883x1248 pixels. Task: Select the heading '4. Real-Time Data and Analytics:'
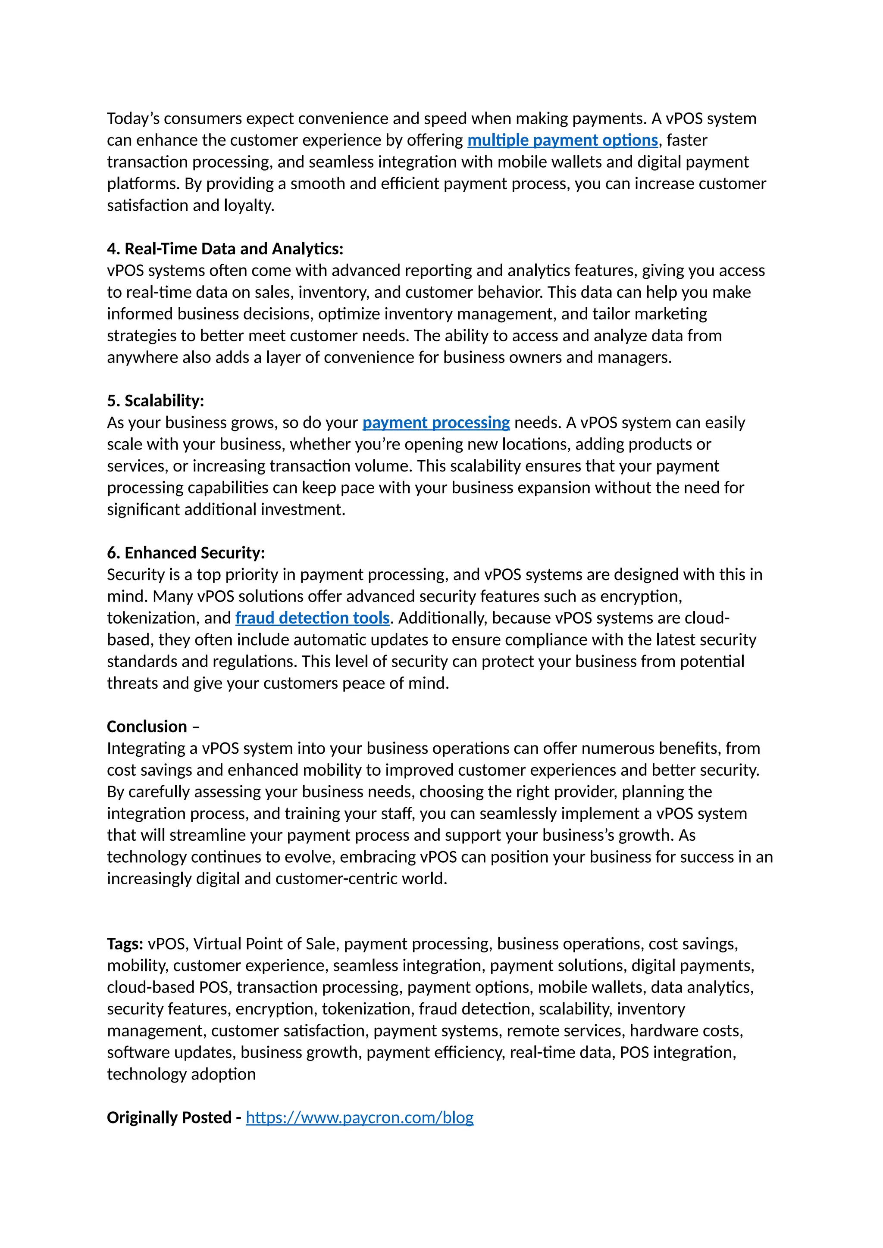(x=225, y=249)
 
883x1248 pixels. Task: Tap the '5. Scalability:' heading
(x=156, y=401)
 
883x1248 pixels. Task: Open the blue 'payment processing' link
(x=435, y=423)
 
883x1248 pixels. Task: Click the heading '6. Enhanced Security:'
(x=186, y=553)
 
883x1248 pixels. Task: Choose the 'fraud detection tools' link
(x=312, y=618)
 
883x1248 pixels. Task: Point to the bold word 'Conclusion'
(x=147, y=727)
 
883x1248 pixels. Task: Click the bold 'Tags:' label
(x=125, y=944)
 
